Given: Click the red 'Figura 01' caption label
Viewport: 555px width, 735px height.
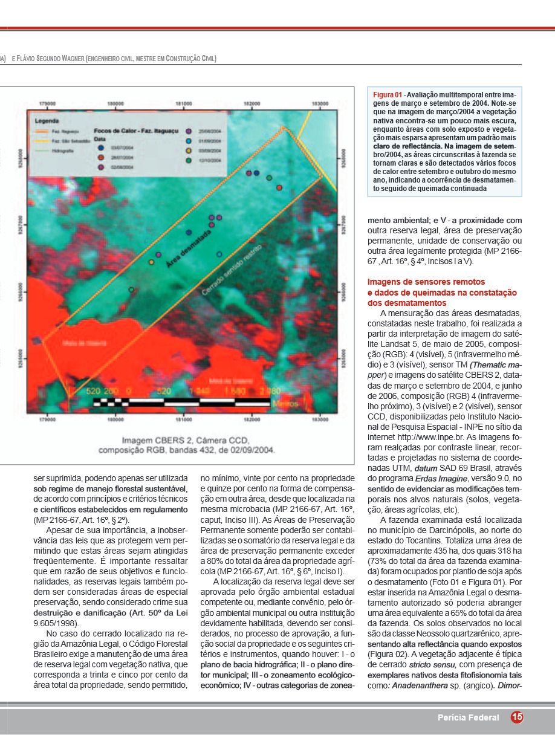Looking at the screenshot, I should pyautogui.click(x=388, y=95).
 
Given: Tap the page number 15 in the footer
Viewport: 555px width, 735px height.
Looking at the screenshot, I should pyautogui.click(x=517, y=717).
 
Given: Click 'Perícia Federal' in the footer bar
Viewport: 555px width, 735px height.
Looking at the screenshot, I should pyautogui.click(x=469, y=717).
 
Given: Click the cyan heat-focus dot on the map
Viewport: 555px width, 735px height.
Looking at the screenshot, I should pyautogui.click(x=219, y=254).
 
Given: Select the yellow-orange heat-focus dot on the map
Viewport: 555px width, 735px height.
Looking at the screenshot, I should pyautogui.click(x=151, y=262).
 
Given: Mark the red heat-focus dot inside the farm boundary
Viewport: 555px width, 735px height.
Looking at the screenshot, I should pyautogui.click(x=279, y=188).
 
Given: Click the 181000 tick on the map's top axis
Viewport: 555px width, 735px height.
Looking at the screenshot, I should pyautogui.click(x=184, y=103).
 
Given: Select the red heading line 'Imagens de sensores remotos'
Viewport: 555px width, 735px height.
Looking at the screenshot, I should pyautogui.click(x=426, y=282).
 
